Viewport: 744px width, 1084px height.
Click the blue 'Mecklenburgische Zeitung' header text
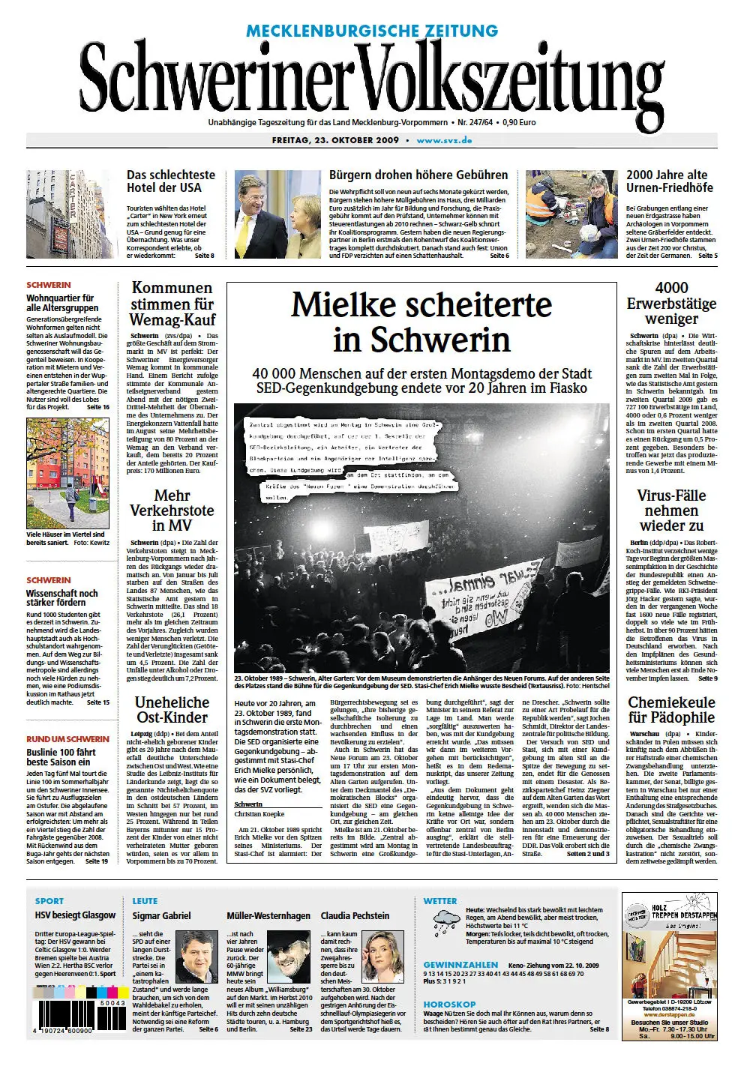point(372,31)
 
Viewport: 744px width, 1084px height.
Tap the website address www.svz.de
point(444,140)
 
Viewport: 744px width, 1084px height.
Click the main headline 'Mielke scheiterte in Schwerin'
point(421,322)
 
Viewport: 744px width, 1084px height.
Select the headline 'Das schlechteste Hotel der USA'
point(170,181)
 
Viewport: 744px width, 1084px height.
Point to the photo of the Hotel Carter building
point(70,214)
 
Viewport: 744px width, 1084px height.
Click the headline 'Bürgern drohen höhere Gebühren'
point(418,175)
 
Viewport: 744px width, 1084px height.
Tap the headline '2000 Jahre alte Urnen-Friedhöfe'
point(669,181)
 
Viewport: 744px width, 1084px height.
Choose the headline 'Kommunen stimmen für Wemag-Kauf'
point(172,304)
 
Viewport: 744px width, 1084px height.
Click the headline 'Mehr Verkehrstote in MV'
point(172,510)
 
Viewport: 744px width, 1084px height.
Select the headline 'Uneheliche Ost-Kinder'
point(172,709)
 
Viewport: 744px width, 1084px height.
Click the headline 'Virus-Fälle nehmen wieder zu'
point(670,510)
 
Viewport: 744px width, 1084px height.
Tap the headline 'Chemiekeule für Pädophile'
point(670,709)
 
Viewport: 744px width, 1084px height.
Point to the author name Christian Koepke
point(259,813)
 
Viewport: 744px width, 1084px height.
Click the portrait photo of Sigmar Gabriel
point(196,956)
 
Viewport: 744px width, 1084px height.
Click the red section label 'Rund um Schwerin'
point(67,738)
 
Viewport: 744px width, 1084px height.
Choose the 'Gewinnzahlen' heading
point(460,965)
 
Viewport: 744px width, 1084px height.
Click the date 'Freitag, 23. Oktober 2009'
point(335,140)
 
